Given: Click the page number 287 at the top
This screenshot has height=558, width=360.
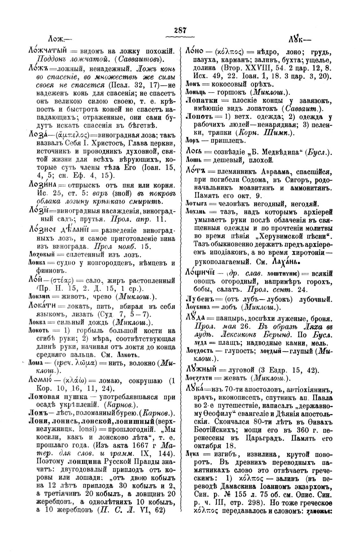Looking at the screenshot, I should click(180, 31).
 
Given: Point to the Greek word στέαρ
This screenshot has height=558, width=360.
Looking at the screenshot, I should click(65, 281).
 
